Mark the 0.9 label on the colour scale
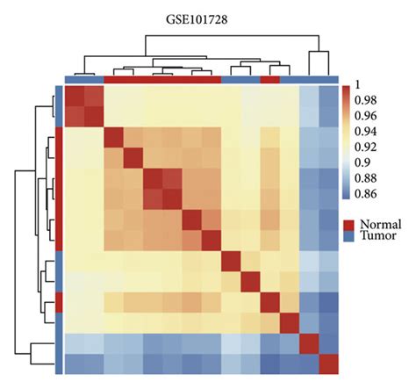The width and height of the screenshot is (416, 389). coord(359,164)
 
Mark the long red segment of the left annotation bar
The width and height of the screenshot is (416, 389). coord(59,189)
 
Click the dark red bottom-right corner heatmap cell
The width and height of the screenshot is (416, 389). coord(328,363)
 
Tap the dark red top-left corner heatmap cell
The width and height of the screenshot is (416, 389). coord(75,96)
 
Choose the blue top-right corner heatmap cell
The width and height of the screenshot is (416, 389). coord(328,96)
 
